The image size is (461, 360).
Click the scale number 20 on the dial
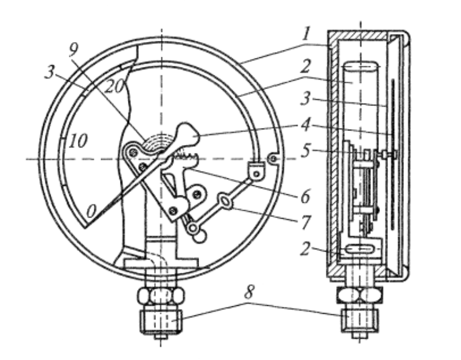click(x=114, y=86)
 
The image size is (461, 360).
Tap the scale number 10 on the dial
click(x=78, y=141)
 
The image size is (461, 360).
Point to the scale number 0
click(x=91, y=211)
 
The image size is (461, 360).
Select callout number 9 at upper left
click(x=73, y=51)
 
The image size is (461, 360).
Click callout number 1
click(x=306, y=34)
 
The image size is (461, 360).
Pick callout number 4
click(x=306, y=125)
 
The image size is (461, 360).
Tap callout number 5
click(x=306, y=150)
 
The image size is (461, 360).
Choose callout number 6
click(x=306, y=196)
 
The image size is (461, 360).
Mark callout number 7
click(x=306, y=222)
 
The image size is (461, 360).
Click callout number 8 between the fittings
click(x=248, y=292)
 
